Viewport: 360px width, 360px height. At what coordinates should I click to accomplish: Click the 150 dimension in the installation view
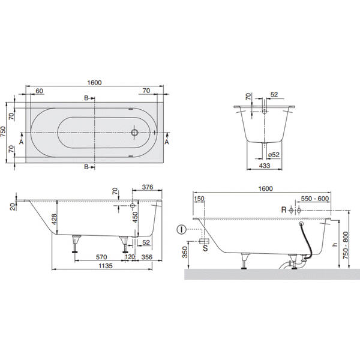tap(199, 198)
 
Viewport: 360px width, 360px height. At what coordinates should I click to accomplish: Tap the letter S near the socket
tap(206, 246)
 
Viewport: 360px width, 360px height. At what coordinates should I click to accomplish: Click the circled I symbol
tap(181, 229)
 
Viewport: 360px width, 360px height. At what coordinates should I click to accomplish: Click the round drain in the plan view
tap(136, 131)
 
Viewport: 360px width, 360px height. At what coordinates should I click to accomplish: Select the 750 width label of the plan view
tap(4, 131)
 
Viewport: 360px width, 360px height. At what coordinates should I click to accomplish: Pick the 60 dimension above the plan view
tap(40, 91)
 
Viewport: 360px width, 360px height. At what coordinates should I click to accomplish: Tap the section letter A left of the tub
tap(22, 142)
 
